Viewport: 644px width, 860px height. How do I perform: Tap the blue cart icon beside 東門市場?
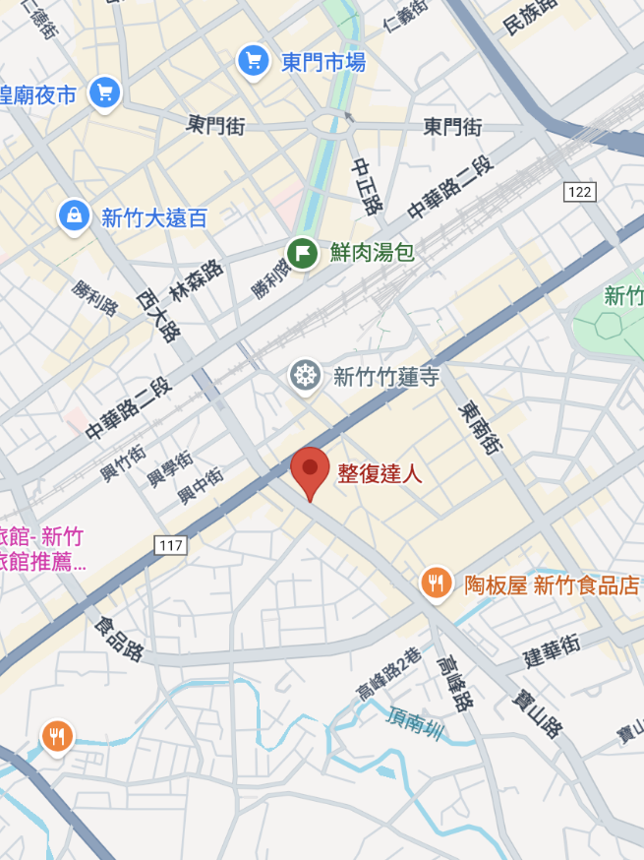pyautogui.click(x=254, y=61)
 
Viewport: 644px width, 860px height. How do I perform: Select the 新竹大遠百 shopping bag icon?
pyautogui.click(x=74, y=216)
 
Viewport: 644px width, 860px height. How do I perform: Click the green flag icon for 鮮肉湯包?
pyautogui.click(x=303, y=254)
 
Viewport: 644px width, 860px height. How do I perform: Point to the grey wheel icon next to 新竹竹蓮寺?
pyautogui.click(x=306, y=375)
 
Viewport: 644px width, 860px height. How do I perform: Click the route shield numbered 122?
pyautogui.click(x=580, y=191)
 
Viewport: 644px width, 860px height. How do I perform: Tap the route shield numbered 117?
pyautogui.click(x=170, y=543)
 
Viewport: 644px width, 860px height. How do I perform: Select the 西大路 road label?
pyautogui.click(x=158, y=314)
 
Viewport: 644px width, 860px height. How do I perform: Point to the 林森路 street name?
pyautogui.click(x=197, y=280)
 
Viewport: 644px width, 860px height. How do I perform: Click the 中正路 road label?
pyautogui.click(x=367, y=187)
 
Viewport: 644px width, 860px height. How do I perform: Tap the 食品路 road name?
pyautogui.click(x=119, y=639)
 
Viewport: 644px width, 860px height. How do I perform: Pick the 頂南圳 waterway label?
pyautogui.click(x=417, y=726)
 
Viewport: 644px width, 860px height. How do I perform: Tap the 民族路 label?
pyautogui.click(x=530, y=17)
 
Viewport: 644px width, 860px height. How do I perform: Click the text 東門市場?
pyautogui.click(x=323, y=62)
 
